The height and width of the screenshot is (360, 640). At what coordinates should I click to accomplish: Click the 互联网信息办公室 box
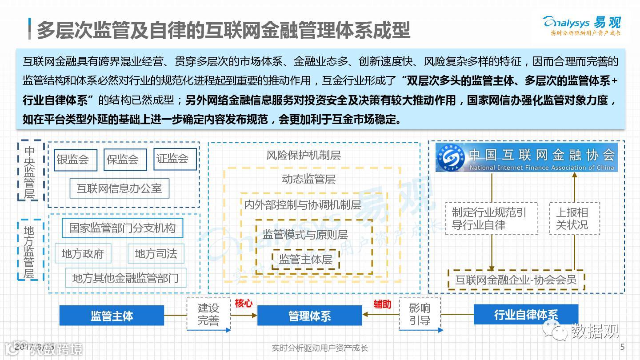tap(119, 188)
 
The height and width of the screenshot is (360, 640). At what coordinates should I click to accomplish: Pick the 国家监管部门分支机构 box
tap(122, 228)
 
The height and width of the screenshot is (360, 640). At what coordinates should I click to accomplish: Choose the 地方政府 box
tap(83, 253)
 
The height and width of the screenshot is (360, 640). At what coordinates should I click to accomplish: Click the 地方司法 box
tap(156, 253)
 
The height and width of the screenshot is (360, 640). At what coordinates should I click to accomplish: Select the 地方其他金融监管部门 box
tap(125, 278)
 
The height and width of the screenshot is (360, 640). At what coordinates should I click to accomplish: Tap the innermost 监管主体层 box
tap(305, 260)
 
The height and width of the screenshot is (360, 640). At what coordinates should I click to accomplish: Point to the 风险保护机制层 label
tap(304, 155)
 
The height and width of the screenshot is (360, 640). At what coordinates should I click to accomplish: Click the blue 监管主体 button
tap(112, 316)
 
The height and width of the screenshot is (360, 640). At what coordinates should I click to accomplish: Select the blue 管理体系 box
tap(309, 316)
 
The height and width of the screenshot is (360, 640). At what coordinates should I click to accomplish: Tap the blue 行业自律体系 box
tap(526, 315)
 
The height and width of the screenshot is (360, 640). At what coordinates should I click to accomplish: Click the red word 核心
tap(243, 304)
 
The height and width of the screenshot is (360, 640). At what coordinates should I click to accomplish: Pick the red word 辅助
tap(382, 304)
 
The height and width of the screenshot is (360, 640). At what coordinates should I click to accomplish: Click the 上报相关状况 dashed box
tap(574, 219)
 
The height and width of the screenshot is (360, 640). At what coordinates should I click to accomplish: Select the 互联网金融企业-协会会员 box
tap(516, 280)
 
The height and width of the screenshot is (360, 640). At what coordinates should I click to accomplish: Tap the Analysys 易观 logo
tap(582, 25)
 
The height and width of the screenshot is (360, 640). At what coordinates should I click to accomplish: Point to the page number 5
tap(622, 347)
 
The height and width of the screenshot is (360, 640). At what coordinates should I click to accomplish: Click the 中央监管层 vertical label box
tap(29, 171)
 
